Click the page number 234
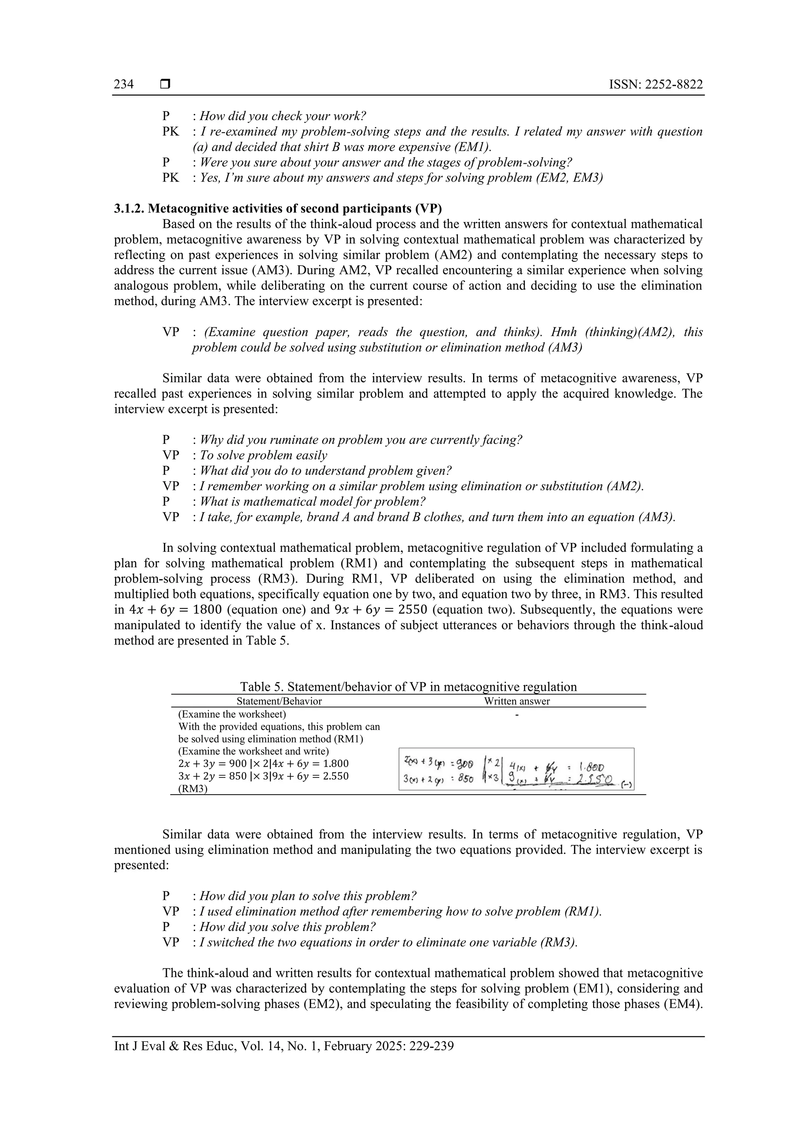click(124, 84)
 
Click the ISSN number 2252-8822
click(656, 85)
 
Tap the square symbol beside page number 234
click(165, 85)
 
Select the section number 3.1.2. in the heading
click(129, 208)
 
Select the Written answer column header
click(517, 701)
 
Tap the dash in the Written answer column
click(517, 714)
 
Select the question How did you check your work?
click(283, 117)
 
